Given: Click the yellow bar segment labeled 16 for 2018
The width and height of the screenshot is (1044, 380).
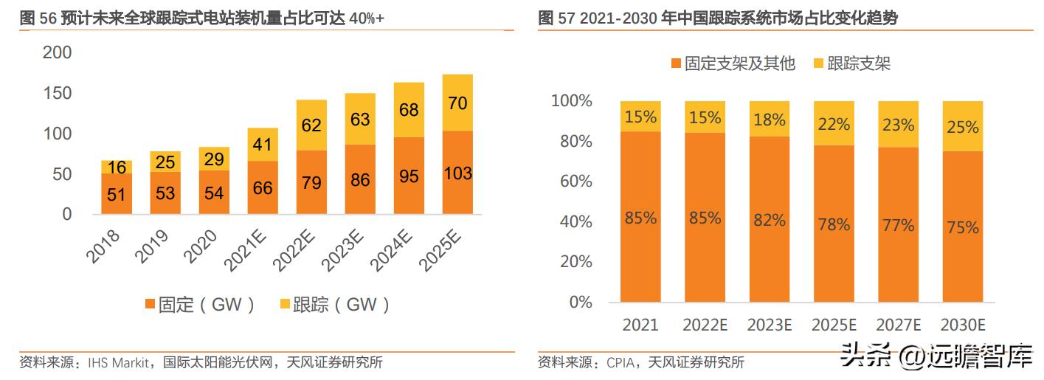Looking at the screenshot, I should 117,167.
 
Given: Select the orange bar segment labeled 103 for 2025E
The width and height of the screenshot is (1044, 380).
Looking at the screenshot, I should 457,173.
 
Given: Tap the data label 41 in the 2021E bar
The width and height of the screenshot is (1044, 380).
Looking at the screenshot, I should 262,145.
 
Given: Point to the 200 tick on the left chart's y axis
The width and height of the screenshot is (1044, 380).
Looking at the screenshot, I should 58,52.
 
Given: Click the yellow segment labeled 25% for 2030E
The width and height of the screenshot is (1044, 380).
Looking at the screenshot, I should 964,126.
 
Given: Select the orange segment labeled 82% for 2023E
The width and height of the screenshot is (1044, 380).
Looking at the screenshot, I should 769,219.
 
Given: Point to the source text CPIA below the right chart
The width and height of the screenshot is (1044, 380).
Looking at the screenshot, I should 623,362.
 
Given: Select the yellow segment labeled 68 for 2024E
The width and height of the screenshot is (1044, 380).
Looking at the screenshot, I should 408,110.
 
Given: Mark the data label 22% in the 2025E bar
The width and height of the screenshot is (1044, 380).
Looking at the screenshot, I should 834,124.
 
